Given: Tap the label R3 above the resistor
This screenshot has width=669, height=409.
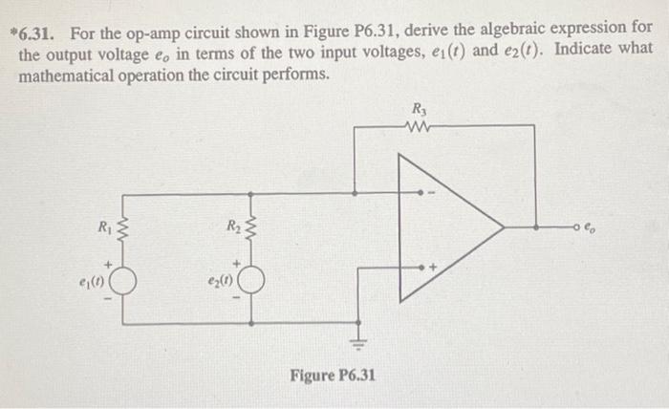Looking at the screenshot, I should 418,108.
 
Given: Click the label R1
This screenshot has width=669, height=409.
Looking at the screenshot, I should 104,227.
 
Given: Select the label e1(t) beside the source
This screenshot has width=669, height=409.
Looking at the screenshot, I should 95,284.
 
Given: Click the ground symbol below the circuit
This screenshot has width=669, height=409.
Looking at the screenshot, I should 360,340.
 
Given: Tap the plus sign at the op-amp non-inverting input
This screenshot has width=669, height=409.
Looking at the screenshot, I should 432,269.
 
